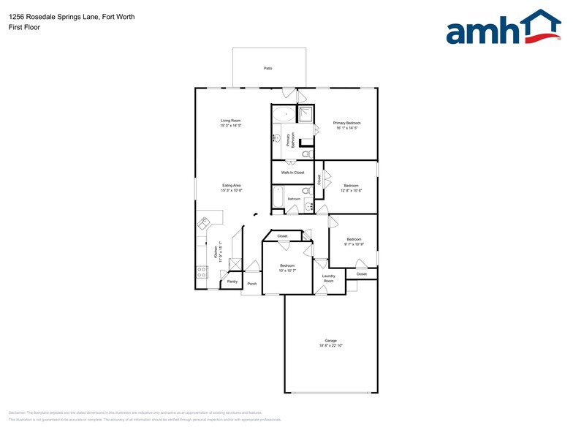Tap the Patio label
pos(268,68)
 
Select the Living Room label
pos(231,121)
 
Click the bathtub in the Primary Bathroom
pos(284,114)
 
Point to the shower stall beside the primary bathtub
pos(306,113)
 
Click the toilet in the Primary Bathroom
pos(307,154)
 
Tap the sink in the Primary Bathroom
pos(278,137)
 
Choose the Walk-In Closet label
pos(292,173)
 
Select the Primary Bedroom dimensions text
pos(347,128)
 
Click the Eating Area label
pos(232,186)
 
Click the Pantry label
pos(232,282)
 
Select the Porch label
pos(251,284)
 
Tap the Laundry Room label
pos(328,279)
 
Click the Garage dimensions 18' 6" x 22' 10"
pos(331,345)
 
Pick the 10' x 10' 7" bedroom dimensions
pos(287,271)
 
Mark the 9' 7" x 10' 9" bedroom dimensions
pos(354,244)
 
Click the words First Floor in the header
pos(25,27)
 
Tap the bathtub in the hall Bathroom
pos(278,197)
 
